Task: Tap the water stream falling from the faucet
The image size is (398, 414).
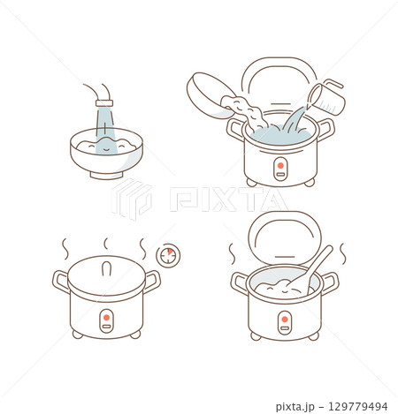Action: coord(104,123)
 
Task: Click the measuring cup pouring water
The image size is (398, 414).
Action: coord(326,95)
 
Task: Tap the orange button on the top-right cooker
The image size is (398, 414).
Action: coord(280,164)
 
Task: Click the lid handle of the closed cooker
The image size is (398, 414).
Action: coord(106,263)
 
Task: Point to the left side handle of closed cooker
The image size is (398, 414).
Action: coord(61,282)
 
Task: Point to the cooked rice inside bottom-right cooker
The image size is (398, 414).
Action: coord(279,283)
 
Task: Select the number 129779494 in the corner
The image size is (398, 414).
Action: coord(357,406)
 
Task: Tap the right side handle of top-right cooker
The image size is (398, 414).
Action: coord(325,131)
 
